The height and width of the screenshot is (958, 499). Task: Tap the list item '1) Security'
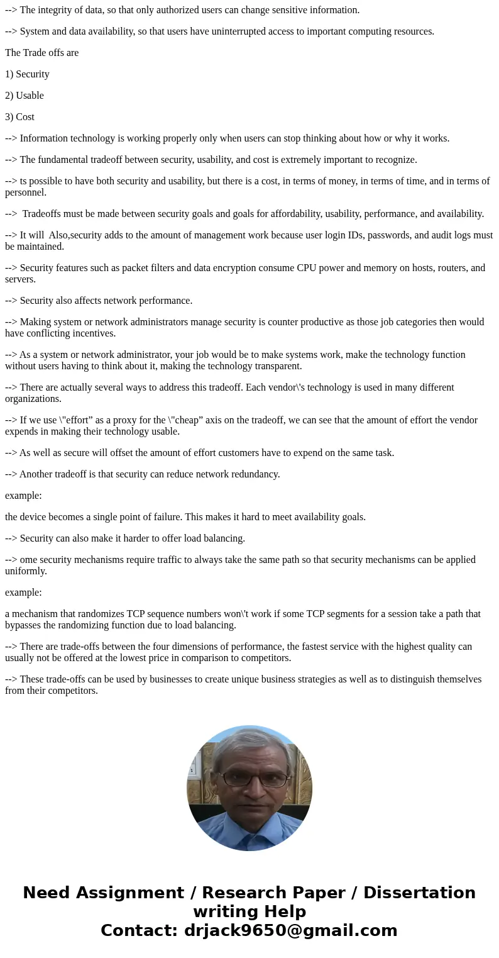pyautogui.click(x=27, y=74)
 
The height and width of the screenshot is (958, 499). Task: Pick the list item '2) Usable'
pyautogui.click(x=25, y=96)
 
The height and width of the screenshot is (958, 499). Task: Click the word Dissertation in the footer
pyautogui.click(x=419, y=893)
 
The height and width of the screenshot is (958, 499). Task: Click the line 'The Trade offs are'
pyautogui.click(x=42, y=53)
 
